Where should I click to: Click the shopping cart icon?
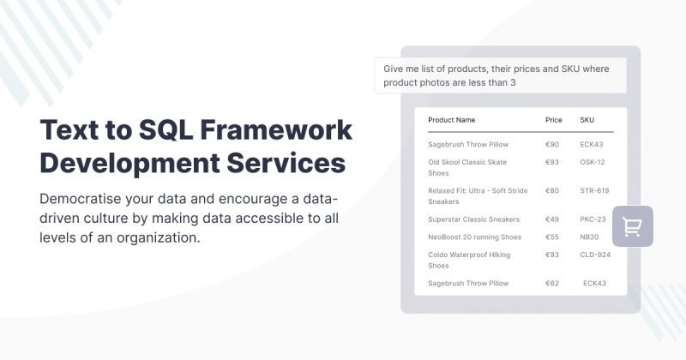[632, 226]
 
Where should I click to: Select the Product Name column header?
[451, 120]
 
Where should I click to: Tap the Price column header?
[553, 120]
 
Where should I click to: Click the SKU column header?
[587, 120]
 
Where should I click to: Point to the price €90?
[551, 145]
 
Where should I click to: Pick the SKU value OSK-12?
[593, 162]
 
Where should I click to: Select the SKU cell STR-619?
[593, 190]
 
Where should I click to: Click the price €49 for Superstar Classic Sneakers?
[551, 219]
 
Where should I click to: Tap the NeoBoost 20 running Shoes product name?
[474, 237]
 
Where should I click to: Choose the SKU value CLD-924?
[594, 255]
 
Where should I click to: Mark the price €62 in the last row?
[551, 284]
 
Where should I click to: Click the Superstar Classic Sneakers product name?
[473, 219]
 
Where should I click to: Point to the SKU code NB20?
[589, 237]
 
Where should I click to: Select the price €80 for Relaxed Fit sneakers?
[551, 190]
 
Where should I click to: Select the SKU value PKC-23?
[593, 219]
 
